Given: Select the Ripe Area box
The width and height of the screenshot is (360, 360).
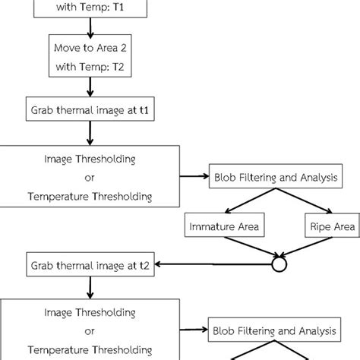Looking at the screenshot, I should tap(331, 226).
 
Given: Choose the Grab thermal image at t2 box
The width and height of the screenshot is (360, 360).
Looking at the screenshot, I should tap(90, 266).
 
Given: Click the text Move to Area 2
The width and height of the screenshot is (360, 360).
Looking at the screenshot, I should tap(90, 48).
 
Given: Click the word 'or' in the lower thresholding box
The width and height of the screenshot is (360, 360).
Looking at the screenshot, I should tap(90, 330).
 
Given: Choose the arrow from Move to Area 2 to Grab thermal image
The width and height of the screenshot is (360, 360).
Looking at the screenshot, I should tap(90, 87).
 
